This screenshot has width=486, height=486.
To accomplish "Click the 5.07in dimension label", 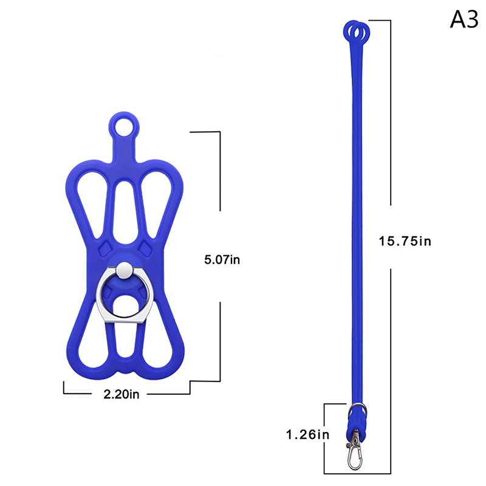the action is point(222,259).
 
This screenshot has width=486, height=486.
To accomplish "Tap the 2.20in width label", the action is point(122,394).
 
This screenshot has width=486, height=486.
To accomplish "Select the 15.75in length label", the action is point(405,241).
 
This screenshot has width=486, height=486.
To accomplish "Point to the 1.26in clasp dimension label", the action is point(307,434).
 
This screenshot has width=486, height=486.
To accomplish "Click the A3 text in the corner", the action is point(464,19).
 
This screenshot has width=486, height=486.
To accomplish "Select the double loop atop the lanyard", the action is point(357,32).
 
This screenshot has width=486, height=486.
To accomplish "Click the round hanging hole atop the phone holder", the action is point(124,127).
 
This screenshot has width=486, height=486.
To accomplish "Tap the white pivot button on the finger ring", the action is point(125,270).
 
